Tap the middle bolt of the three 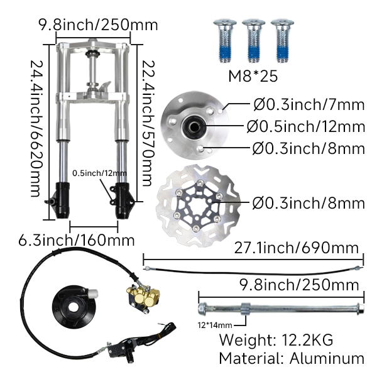tap(253, 41)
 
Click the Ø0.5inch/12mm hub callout tap(305, 127)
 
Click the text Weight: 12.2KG tap(275, 339)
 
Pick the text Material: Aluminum tap(291, 358)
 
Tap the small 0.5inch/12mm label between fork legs tap(99, 173)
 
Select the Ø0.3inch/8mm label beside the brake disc tap(308, 203)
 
